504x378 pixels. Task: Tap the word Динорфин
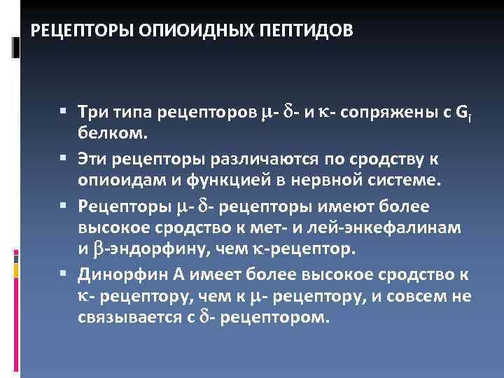pos(113,274)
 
